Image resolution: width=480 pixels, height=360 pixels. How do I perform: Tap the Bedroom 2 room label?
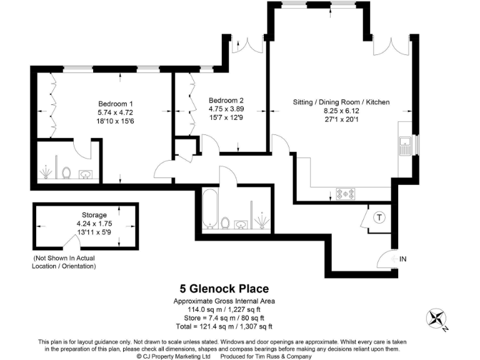[x=226, y=100]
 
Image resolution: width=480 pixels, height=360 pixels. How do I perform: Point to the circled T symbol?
[x=379, y=217]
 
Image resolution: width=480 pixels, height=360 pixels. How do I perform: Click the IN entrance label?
[x=403, y=257]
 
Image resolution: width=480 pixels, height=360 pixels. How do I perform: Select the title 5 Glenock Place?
[x=225, y=289]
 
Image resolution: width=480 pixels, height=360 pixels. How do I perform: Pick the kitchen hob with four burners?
[x=346, y=193]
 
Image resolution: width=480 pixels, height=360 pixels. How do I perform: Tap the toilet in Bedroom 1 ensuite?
[x=66, y=172]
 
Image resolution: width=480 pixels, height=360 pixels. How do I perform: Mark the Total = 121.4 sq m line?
[x=225, y=326]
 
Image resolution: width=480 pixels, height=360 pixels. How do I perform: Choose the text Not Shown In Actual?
[x=64, y=258]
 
